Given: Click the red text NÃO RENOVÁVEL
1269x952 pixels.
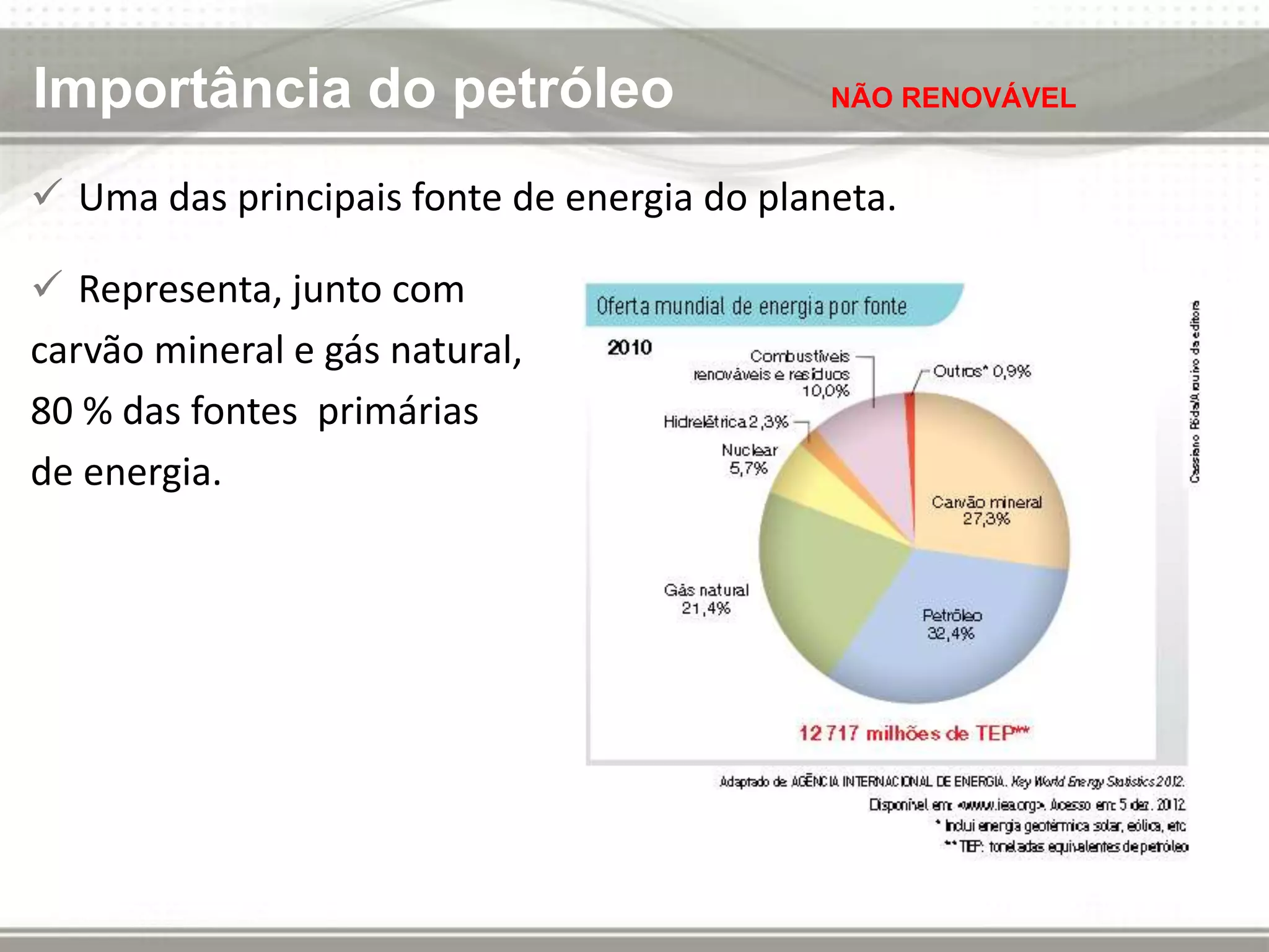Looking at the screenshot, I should point(952,98).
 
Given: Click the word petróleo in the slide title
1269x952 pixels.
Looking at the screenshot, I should point(563,90).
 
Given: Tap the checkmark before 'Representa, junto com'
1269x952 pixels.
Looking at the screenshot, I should point(47,284).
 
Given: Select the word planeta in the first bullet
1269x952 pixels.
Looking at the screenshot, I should point(827,198).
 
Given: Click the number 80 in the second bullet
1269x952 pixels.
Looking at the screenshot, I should point(52,411).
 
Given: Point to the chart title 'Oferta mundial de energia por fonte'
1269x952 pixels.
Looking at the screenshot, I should point(751,306).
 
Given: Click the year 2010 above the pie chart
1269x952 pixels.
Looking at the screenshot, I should point(630,347).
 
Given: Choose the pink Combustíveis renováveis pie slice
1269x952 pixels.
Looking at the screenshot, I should point(867,446).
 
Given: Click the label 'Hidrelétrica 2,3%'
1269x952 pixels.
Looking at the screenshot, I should point(726,422).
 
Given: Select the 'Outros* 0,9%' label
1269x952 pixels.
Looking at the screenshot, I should point(981,371).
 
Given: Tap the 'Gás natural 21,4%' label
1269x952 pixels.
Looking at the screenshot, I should point(706,599).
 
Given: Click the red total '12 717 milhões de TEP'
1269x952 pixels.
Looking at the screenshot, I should point(913,733).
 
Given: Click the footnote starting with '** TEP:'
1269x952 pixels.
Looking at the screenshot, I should point(1066,847).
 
